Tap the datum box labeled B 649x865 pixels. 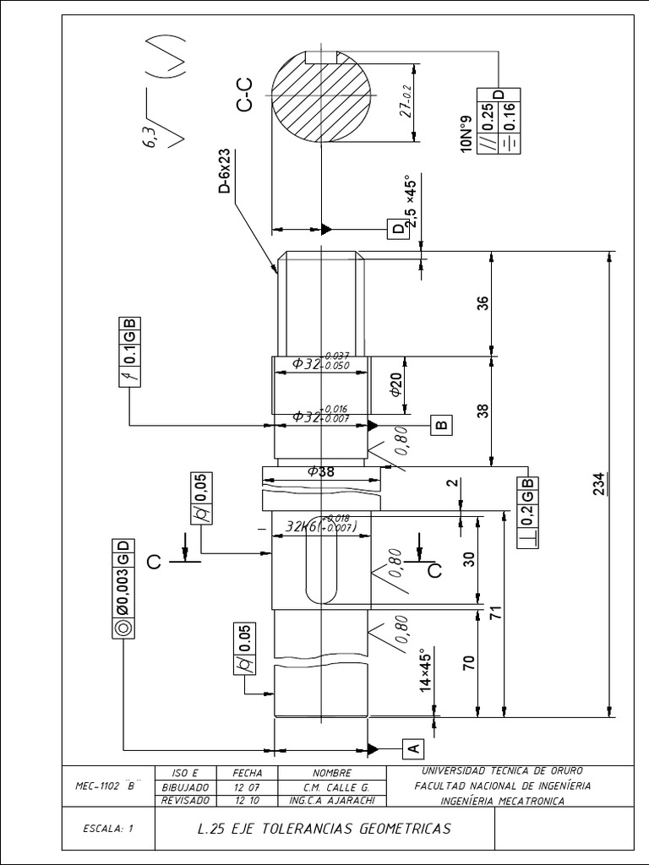pyautogui.click(x=441, y=424)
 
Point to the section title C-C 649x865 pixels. pyautogui.click(x=244, y=94)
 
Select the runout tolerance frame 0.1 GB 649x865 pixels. pyautogui.click(x=130, y=351)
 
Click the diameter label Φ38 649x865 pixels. pyautogui.click(x=321, y=472)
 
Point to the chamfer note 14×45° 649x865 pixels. pyautogui.click(x=426, y=672)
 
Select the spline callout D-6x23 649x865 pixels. pyautogui.click(x=224, y=171)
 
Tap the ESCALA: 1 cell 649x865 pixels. pyautogui.click(x=109, y=829)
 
